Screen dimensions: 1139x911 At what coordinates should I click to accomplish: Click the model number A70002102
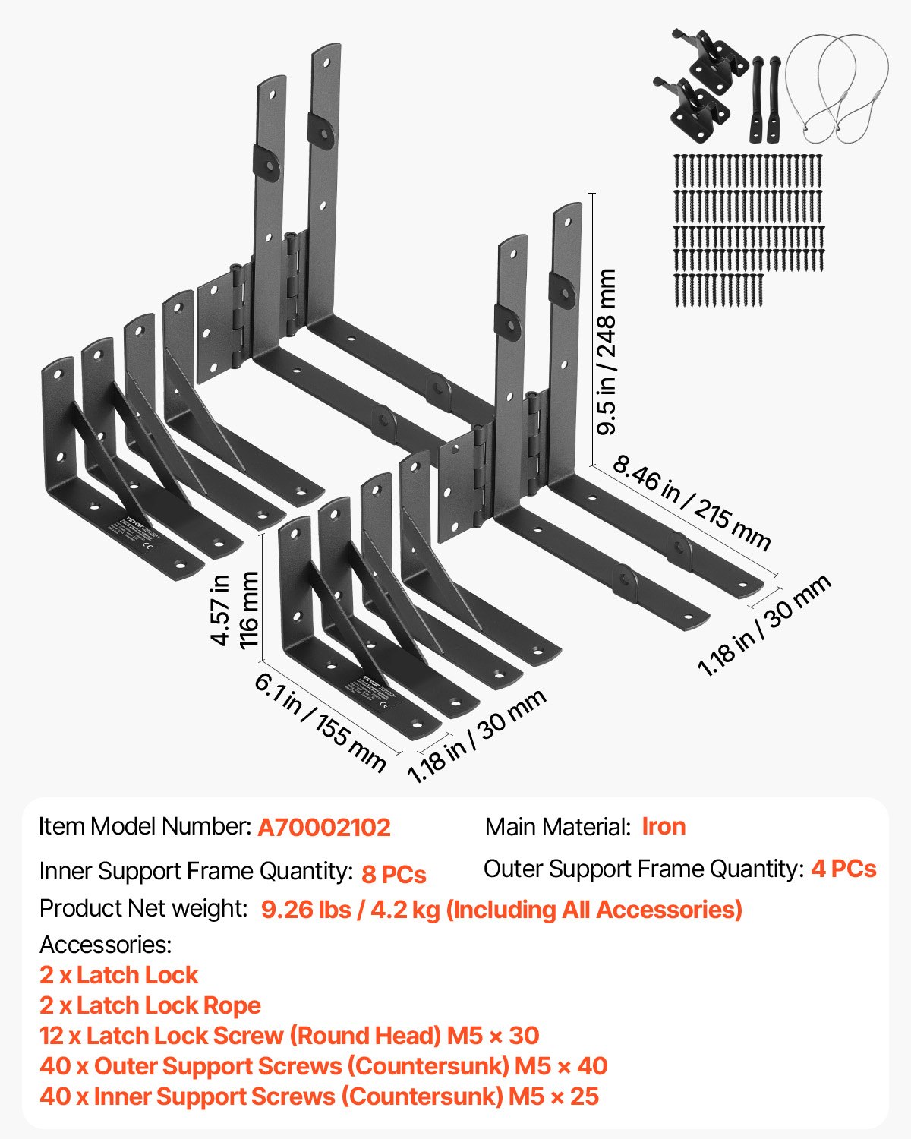click(324, 827)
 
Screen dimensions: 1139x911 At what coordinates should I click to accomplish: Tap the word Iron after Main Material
click(664, 826)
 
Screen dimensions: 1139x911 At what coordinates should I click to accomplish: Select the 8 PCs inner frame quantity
click(393, 874)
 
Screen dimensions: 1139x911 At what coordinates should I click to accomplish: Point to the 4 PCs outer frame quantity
click(843, 869)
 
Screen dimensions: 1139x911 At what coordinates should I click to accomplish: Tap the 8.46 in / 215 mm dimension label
click(691, 502)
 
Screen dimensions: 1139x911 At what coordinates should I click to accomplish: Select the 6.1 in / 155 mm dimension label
click(320, 721)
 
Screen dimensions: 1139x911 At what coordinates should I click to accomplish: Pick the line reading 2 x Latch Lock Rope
click(150, 1005)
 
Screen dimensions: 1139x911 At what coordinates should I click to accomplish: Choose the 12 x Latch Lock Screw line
click(289, 1036)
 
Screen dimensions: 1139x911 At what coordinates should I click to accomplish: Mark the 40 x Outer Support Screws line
click(323, 1066)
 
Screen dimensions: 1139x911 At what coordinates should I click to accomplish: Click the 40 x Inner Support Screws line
click(319, 1096)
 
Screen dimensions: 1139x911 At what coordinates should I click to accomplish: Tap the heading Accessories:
click(106, 945)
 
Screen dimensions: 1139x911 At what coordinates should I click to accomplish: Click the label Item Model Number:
click(145, 826)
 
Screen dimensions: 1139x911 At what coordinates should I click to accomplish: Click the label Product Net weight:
click(143, 908)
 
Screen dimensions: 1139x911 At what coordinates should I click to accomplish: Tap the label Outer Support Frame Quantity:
click(643, 869)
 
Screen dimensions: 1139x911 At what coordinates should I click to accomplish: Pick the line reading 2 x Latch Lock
click(118, 975)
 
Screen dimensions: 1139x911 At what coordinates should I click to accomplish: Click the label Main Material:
click(558, 827)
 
